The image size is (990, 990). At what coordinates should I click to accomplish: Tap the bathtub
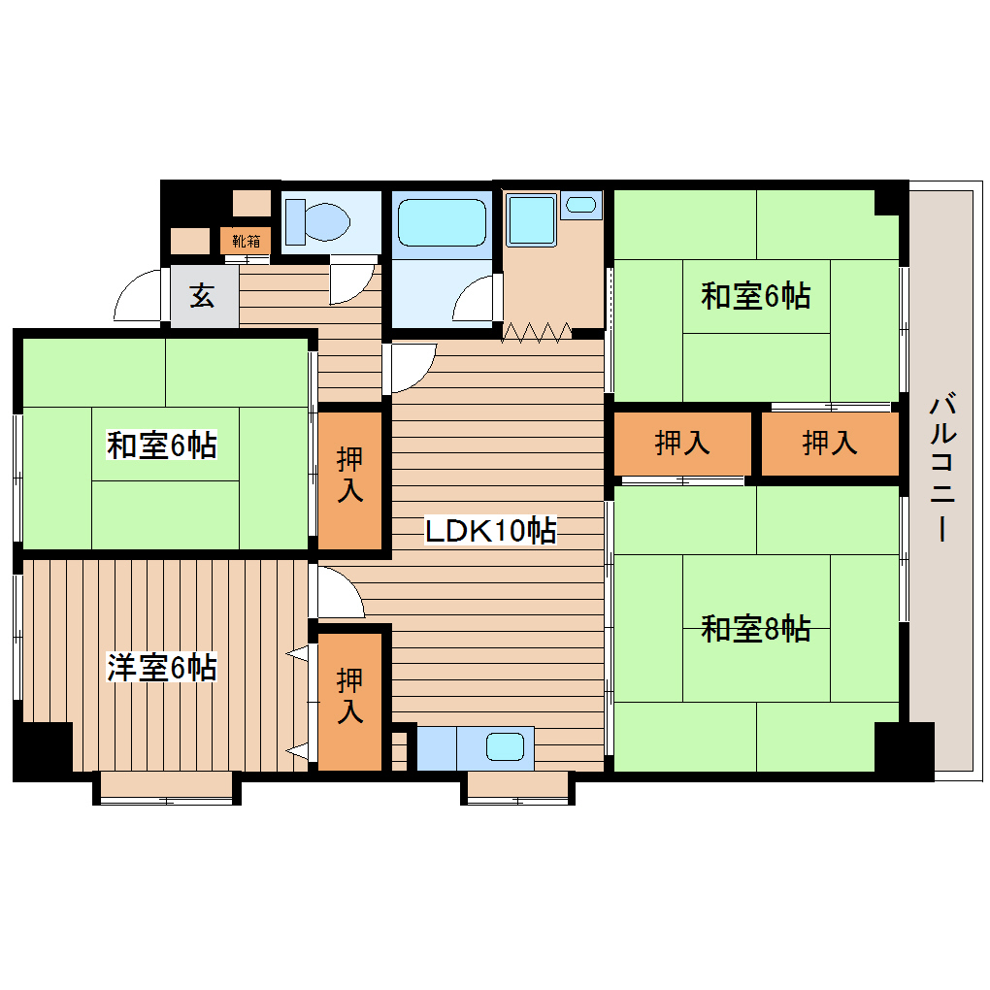point(442,223)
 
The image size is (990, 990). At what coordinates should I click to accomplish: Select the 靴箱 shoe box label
point(246,240)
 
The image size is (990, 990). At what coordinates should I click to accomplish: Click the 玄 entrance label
point(202,296)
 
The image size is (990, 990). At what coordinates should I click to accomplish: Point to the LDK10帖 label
point(491,531)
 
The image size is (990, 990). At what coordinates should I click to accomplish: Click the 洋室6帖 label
point(161,667)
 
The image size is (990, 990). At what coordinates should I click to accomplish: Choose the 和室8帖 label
point(756,629)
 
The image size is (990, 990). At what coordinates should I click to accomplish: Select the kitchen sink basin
point(506,747)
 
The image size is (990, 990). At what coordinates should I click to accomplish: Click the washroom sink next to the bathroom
point(581,205)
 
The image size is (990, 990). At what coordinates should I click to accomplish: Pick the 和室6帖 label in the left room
point(161,445)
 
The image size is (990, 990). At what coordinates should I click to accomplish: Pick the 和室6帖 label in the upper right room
point(756,296)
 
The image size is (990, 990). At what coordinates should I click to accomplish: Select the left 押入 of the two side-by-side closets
point(682,444)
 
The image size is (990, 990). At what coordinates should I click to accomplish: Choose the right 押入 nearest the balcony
point(830,444)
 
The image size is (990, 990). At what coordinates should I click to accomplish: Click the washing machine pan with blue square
point(530,218)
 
